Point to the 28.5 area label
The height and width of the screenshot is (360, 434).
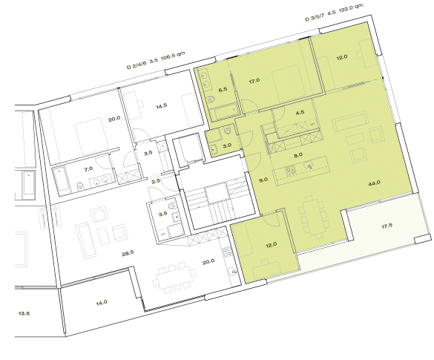coord(128,253)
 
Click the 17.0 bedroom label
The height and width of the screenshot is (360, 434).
coord(254,79)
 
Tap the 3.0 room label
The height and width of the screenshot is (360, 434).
coord(228,145)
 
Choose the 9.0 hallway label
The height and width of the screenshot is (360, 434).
coord(263,180)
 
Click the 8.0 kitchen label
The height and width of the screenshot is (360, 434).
coord(298,156)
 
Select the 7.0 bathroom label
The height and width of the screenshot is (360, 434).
coord(88,168)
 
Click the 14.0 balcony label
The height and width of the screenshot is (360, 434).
coord(101,302)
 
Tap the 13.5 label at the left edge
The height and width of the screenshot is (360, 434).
coord(23,313)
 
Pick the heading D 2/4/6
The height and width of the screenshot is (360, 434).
coord(137,65)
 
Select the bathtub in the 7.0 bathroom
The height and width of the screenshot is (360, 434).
coord(59,180)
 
